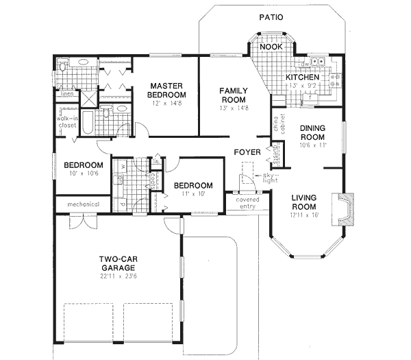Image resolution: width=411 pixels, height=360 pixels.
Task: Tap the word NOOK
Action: click(272, 47)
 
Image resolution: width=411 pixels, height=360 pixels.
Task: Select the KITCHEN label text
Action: click(302, 77)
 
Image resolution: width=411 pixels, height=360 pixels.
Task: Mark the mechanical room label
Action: click(84, 204)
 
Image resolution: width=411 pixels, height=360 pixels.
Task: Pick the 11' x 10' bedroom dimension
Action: click(192, 195)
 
